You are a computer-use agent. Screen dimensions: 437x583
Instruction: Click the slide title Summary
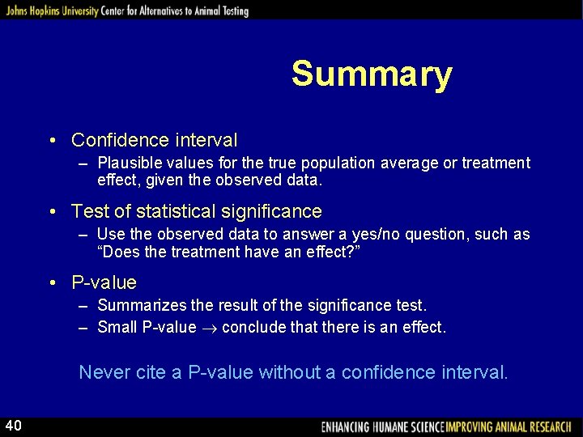[x=372, y=74]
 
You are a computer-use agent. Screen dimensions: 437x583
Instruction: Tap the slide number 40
[x=13, y=426]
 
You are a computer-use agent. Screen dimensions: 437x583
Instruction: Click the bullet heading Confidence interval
[x=154, y=140]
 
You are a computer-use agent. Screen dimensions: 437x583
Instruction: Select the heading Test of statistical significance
[x=197, y=211]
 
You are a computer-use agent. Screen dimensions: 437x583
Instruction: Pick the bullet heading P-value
[x=104, y=282]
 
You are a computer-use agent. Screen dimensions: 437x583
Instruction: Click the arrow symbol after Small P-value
[x=209, y=328]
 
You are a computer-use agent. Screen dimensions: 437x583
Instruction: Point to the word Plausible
[x=126, y=163]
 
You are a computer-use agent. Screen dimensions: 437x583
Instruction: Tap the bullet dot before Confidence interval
[x=51, y=141]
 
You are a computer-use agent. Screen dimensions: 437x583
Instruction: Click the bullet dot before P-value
[x=51, y=283]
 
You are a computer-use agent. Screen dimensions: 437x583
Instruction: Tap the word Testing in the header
[x=230, y=11]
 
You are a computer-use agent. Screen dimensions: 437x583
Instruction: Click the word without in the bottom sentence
[x=287, y=372]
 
